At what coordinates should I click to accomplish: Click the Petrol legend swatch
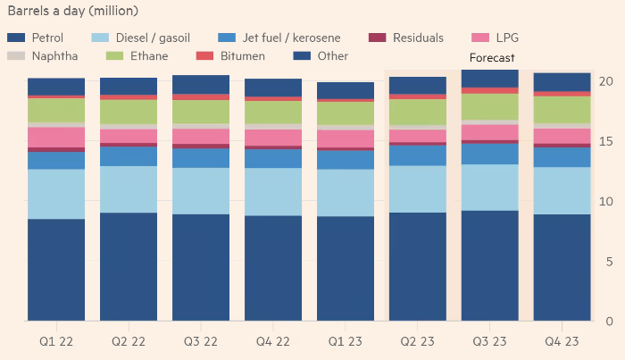coord(16,38)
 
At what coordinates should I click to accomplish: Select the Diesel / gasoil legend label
coord(152,38)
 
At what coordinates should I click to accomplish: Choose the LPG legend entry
coord(505,38)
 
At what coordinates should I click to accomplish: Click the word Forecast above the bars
coord(492,58)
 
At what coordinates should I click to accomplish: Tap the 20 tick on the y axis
coord(606,81)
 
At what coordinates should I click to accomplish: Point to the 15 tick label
coord(606,141)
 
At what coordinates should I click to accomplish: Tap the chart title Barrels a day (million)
coord(79,11)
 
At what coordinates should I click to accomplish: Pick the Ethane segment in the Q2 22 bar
coord(129,112)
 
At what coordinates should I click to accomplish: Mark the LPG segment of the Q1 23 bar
coord(345,138)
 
